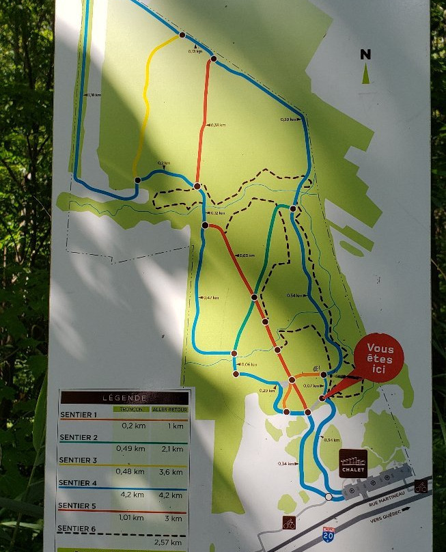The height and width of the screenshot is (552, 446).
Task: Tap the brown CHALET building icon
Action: (353, 463)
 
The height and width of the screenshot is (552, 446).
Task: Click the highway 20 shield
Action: (329, 535)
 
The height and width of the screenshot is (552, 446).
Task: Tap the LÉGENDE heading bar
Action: (124, 397)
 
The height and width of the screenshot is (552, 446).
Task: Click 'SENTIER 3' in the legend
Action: (79, 460)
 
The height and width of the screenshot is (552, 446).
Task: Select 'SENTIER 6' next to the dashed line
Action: (79, 529)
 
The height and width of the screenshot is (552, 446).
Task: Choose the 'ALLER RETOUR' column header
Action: (169, 409)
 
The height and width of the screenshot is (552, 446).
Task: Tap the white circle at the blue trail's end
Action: (329, 497)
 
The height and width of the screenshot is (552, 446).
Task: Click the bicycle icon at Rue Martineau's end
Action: (421, 486)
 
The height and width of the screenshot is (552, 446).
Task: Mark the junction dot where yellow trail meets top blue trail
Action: (182, 34)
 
